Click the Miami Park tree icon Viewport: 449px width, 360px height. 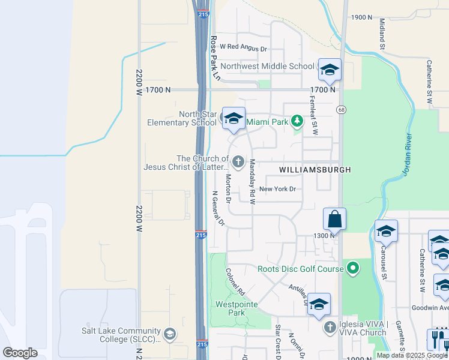click(x=297, y=122)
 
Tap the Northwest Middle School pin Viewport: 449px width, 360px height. click(x=330, y=69)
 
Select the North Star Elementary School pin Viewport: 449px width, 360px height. click(x=234, y=118)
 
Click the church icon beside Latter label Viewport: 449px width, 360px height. click(x=238, y=161)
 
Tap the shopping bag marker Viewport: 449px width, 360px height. click(x=335, y=219)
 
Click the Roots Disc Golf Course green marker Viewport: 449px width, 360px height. click(x=353, y=268)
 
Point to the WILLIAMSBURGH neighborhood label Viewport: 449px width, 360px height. click(x=315, y=170)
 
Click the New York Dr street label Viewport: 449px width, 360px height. click(x=278, y=189)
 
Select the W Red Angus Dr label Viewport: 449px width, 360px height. click(x=243, y=47)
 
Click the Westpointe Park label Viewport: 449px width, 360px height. click(x=237, y=308)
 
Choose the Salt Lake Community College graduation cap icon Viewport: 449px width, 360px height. click(x=170, y=334)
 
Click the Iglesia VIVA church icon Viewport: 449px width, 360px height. click(x=330, y=327)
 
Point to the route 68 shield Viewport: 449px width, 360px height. click(x=341, y=109)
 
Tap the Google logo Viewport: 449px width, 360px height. click(x=20, y=352)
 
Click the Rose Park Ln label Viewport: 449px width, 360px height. click(x=215, y=58)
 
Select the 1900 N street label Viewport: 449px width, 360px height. click(x=362, y=17)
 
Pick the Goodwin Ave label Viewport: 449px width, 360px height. click(x=430, y=308)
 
